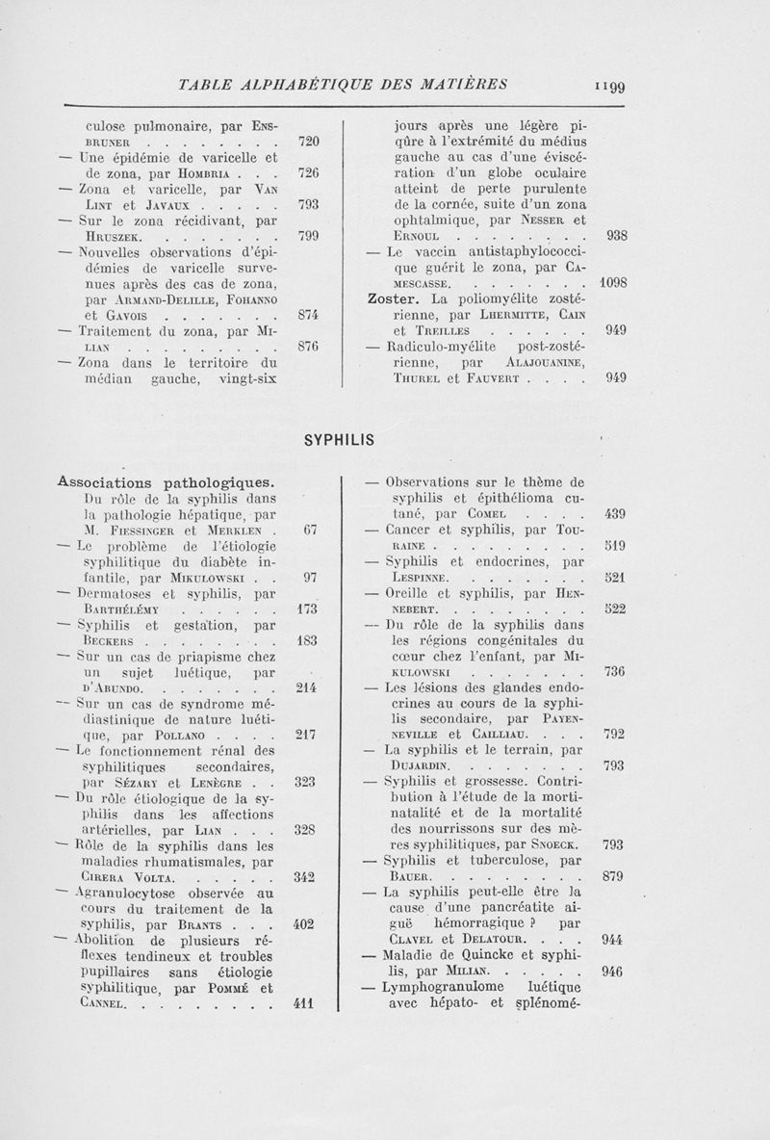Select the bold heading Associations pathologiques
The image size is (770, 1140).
[x=167, y=480]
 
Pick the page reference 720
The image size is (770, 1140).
[x=307, y=142]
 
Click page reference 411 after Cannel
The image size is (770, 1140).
[x=305, y=1002]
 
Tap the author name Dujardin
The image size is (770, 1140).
[x=420, y=766]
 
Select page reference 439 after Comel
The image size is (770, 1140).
[x=613, y=513]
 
